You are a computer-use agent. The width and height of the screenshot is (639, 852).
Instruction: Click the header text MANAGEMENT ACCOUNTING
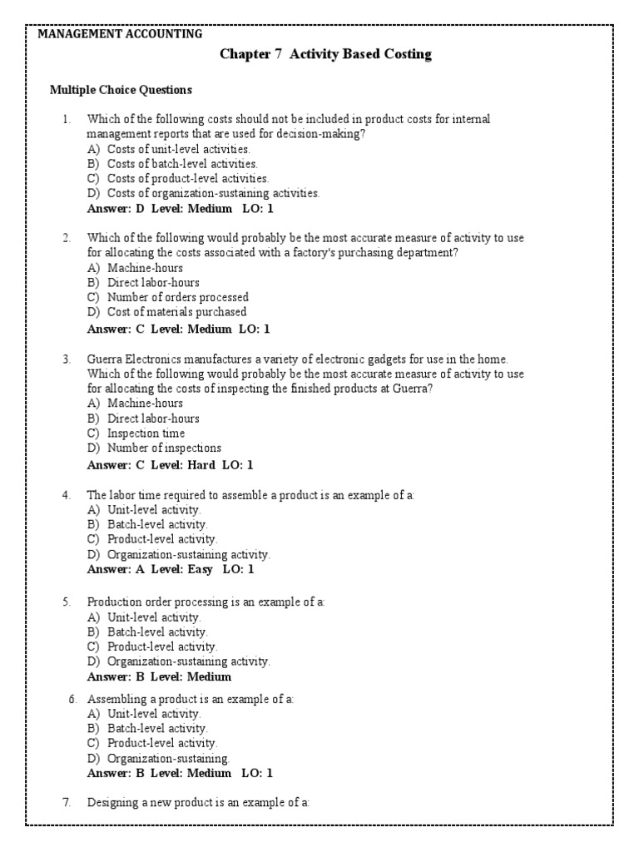point(120,34)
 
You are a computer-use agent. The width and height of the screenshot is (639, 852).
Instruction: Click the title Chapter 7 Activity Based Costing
point(325,54)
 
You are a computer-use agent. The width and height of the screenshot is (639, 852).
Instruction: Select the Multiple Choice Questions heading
point(121,90)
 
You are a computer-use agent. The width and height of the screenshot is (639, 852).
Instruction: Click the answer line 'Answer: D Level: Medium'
point(180,208)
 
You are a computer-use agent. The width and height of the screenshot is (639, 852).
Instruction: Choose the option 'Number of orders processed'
point(177,297)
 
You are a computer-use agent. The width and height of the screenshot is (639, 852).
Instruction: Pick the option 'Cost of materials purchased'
point(176,312)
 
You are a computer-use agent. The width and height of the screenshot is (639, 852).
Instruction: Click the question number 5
point(67,601)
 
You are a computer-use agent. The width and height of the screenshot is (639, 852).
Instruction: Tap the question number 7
point(67,803)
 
